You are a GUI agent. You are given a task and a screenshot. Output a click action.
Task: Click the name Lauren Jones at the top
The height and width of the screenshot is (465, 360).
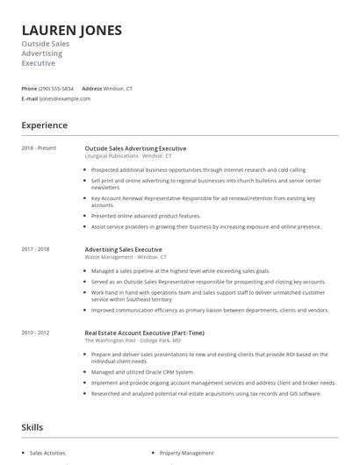click(71, 31)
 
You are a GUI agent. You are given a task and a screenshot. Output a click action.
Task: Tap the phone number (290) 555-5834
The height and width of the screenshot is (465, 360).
click(56, 89)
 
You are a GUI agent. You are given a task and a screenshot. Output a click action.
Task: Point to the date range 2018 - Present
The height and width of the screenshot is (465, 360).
click(39, 148)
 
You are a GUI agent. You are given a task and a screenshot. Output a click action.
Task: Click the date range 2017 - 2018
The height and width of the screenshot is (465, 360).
click(35, 249)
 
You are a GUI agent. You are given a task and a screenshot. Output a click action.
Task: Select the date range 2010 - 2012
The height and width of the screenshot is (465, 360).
click(35, 333)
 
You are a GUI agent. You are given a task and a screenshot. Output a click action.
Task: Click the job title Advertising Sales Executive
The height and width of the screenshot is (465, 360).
click(123, 249)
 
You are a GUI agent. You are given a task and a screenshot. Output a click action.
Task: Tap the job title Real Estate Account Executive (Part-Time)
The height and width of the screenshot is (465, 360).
click(144, 333)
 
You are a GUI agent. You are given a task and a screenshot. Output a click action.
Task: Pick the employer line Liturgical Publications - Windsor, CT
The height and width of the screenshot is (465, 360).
click(128, 155)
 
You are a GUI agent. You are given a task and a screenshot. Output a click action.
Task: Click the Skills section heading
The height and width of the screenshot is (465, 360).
click(33, 427)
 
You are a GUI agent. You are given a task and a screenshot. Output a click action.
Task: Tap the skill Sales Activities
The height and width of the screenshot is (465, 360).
click(47, 453)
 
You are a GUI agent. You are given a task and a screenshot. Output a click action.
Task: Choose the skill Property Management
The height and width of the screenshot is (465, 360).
click(186, 453)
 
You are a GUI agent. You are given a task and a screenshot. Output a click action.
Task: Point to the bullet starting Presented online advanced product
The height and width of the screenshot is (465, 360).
click(146, 215)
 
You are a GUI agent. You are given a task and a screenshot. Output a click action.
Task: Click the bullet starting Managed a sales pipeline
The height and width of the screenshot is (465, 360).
click(180, 271)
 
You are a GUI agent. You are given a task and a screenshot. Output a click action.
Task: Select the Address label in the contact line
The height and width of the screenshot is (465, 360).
click(92, 89)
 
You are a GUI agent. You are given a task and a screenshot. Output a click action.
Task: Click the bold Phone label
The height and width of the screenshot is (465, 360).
click(29, 89)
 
